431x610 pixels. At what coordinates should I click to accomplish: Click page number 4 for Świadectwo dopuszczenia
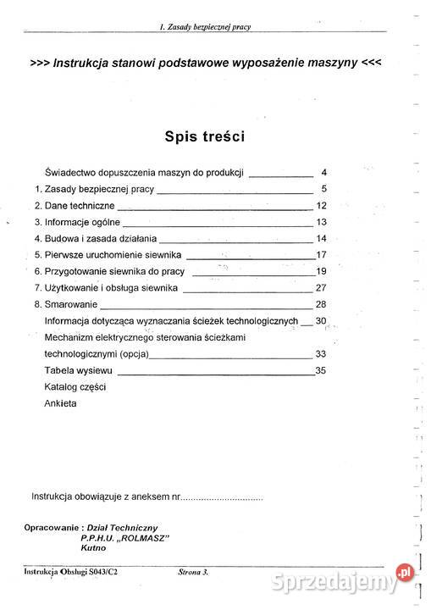(323, 172)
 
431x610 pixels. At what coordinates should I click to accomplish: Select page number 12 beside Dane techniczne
(321, 206)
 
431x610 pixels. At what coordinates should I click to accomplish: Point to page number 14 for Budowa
(321, 239)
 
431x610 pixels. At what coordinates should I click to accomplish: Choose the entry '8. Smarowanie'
(66, 304)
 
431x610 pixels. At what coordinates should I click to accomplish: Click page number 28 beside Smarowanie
(321, 304)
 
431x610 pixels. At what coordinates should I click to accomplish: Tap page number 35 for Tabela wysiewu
(320, 370)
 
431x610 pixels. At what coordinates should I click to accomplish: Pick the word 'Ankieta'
(60, 403)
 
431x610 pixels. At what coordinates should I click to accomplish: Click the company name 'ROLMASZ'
(146, 537)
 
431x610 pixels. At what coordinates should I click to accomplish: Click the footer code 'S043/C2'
(101, 573)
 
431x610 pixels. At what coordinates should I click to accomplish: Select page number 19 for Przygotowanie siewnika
(321, 271)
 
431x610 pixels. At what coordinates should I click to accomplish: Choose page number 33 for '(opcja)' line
(320, 353)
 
